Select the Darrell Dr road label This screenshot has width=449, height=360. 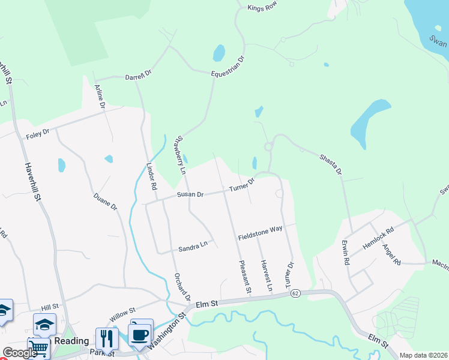138,77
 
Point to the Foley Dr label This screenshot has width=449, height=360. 37,135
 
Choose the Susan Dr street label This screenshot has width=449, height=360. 191,194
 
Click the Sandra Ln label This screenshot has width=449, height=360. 193,246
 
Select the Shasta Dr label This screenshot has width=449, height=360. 330,163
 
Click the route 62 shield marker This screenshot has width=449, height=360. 295,293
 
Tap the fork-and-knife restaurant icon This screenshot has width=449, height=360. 107,338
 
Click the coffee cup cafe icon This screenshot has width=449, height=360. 140,335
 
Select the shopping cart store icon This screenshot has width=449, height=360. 38,347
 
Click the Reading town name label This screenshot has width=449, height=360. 71,341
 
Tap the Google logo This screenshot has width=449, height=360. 20,353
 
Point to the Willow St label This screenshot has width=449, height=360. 123,313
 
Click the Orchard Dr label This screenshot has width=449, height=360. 182,287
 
